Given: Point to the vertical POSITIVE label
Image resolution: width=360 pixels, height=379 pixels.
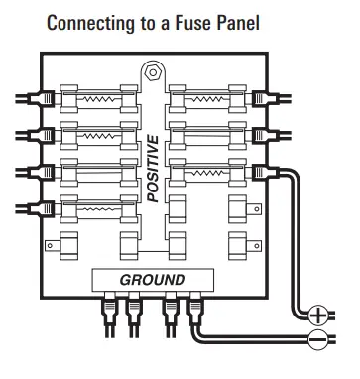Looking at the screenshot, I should click(x=153, y=170).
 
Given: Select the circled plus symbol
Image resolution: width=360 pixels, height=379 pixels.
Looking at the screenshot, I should click(x=317, y=316).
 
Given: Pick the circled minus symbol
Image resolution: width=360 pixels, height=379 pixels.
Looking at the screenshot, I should click(x=317, y=341).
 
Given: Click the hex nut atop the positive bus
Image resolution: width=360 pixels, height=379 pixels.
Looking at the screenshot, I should click(x=152, y=72).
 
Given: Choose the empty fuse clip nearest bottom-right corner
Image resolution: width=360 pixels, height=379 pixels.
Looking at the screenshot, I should click(x=238, y=244).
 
